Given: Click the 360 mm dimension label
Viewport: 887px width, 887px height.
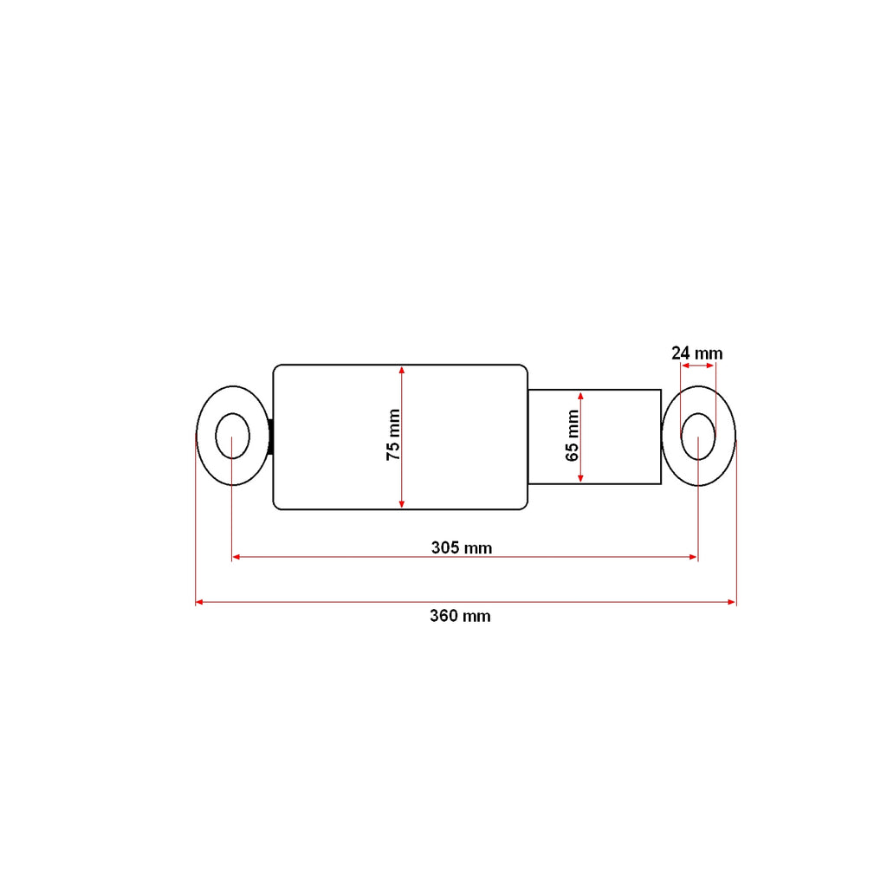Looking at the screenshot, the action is tap(460, 616).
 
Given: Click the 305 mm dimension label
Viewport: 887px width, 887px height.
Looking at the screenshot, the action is tap(462, 548).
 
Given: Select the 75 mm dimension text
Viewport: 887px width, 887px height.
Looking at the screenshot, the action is tap(393, 435).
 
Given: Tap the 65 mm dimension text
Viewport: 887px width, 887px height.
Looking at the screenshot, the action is tap(573, 436).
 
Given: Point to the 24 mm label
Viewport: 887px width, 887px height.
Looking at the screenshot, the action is tap(697, 353).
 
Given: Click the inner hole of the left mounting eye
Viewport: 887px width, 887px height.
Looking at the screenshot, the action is tap(232, 437).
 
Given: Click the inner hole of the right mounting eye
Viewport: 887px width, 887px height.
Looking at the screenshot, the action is tap(699, 437).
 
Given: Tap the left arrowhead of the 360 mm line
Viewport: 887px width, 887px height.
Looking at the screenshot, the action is tap(199, 603).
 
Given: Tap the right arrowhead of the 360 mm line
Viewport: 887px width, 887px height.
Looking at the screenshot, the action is tap(732, 603).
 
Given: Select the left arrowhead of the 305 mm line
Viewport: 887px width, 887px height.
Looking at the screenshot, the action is tap(236, 557).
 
